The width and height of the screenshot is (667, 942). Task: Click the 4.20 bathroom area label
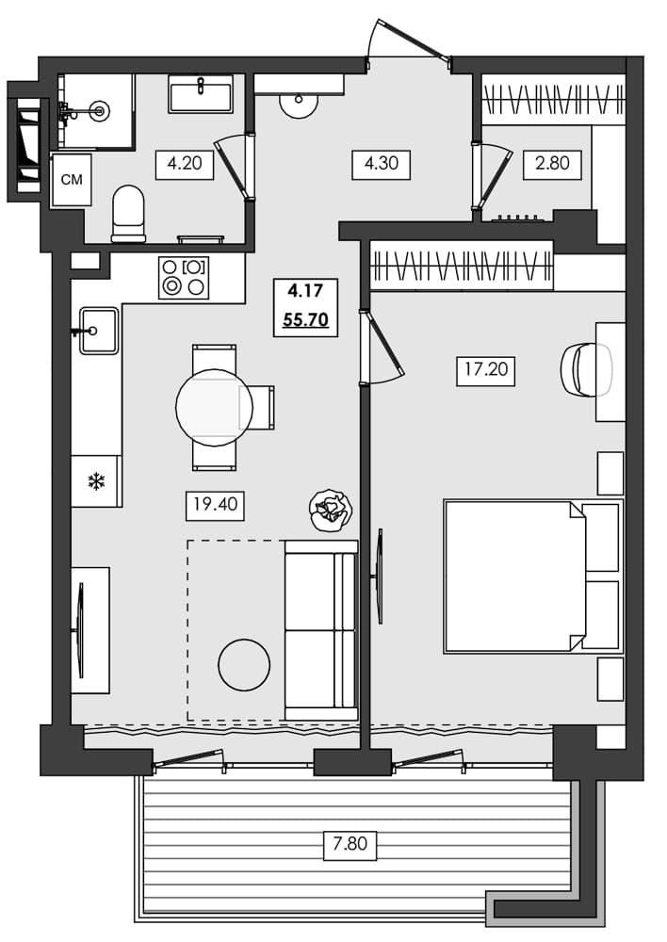click(185, 164)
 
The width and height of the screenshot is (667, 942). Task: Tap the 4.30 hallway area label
click(381, 164)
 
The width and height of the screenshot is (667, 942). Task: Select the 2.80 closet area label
click(551, 164)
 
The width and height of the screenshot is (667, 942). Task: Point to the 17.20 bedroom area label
click(485, 370)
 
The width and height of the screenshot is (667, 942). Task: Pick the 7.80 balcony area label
click(350, 843)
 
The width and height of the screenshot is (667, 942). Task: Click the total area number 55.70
click(305, 320)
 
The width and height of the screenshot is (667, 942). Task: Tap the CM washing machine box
click(71, 180)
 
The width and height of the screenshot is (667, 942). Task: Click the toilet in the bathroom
click(128, 213)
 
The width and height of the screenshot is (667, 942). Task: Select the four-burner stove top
click(184, 277)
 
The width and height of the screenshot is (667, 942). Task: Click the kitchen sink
click(98, 331)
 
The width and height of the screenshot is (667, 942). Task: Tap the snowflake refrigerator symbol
click(95, 482)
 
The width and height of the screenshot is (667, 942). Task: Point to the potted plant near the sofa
click(331, 510)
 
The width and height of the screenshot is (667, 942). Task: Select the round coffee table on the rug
click(244, 665)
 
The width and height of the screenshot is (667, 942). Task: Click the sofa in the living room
click(320, 629)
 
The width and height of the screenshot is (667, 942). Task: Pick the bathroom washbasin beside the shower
click(201, 93)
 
